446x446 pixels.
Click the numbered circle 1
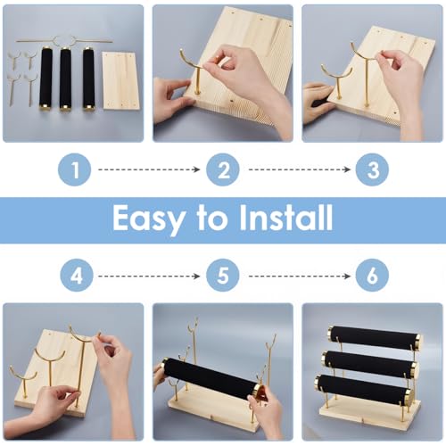click(75, 169)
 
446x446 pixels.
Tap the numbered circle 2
click(223, 169)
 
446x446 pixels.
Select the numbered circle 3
click(372, 169)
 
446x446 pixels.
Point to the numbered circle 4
click(77, 276)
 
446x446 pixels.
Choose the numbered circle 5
click(223, 276)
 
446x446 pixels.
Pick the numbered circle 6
click(372, 276)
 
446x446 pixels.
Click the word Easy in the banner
click(148, 219)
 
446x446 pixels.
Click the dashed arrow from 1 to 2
click(149, 169)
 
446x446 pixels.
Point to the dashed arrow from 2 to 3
click(300, 169)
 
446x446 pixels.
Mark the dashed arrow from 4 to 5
click(149, 277)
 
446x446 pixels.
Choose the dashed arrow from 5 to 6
click(300, 277)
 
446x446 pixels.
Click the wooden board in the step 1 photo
click(120, 81)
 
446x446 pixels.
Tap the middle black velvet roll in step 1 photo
click(65, 78)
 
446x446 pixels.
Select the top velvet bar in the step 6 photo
click(375, 338)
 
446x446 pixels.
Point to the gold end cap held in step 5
click(258, 392)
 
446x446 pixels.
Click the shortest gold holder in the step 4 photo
click(24, 382)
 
